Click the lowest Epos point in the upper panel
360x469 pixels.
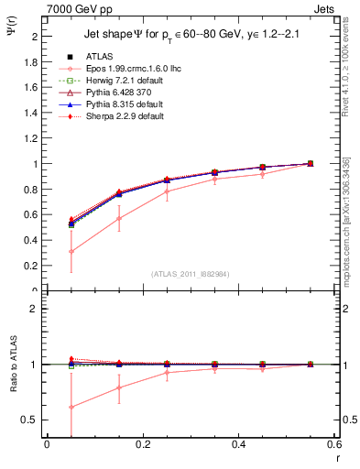tap(71, 251)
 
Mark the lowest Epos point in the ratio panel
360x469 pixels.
tap(71, 407)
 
